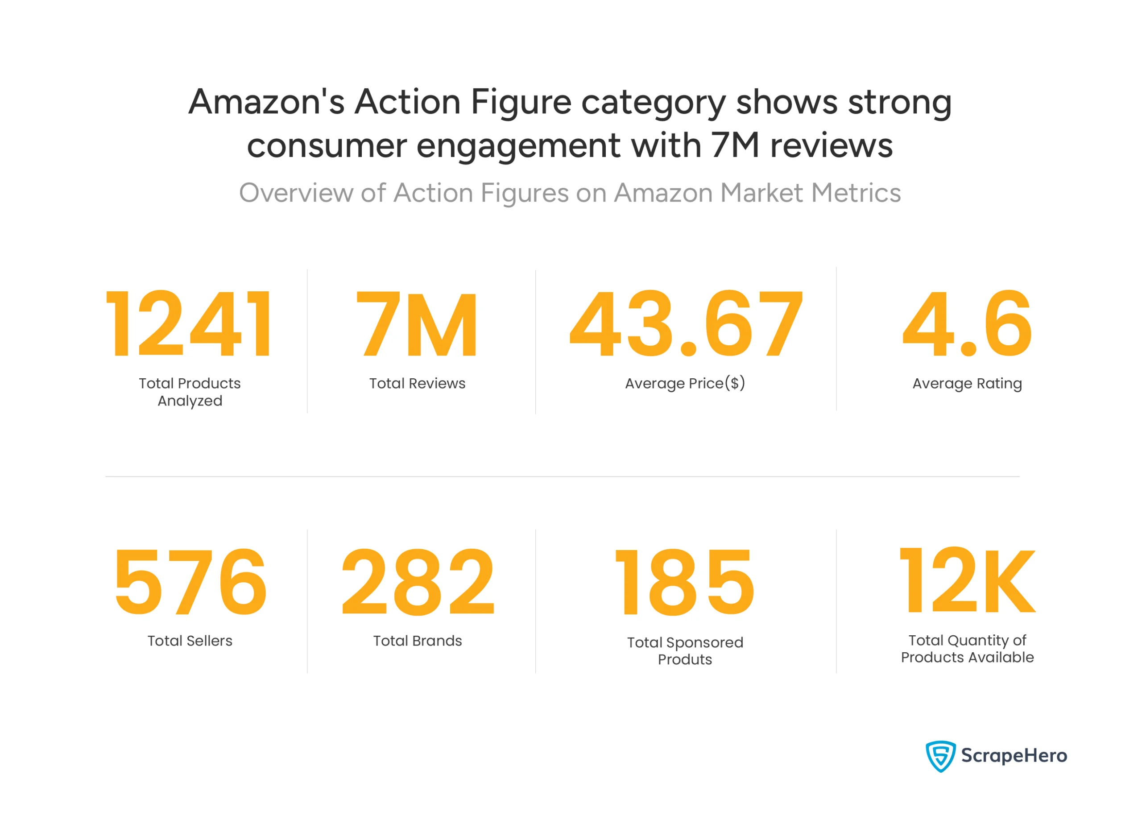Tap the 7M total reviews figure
click(417, 324)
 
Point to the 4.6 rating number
click(967, 324)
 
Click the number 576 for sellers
click(190, 582)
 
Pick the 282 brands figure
click(418, 582)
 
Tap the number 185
click(685, 582)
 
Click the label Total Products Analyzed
click(190, 392)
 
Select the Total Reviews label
click(418, 383)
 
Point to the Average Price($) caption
click(685, 383)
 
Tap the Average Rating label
click(967, 383)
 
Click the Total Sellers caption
click(190, 641)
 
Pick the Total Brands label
click(418, 641)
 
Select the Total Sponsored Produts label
click(685, 651)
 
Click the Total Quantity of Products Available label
click(967, 649)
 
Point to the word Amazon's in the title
click(266, 102)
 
